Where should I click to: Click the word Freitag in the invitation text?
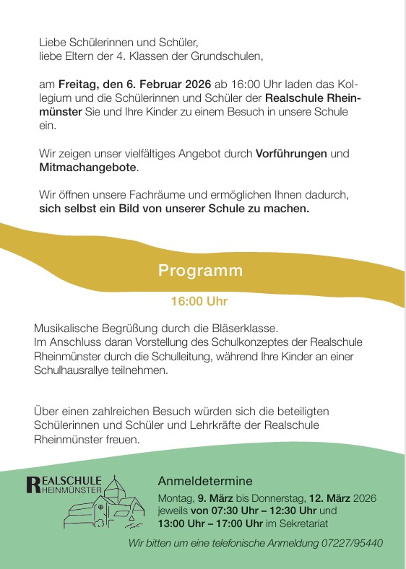click(76, 84)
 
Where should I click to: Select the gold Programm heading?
click(201, 272)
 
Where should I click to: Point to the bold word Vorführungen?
click(291, 154)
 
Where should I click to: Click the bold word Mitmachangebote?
click(87, 168)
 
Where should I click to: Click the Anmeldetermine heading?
click(206, 481)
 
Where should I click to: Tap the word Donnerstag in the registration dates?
click(279, 498)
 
